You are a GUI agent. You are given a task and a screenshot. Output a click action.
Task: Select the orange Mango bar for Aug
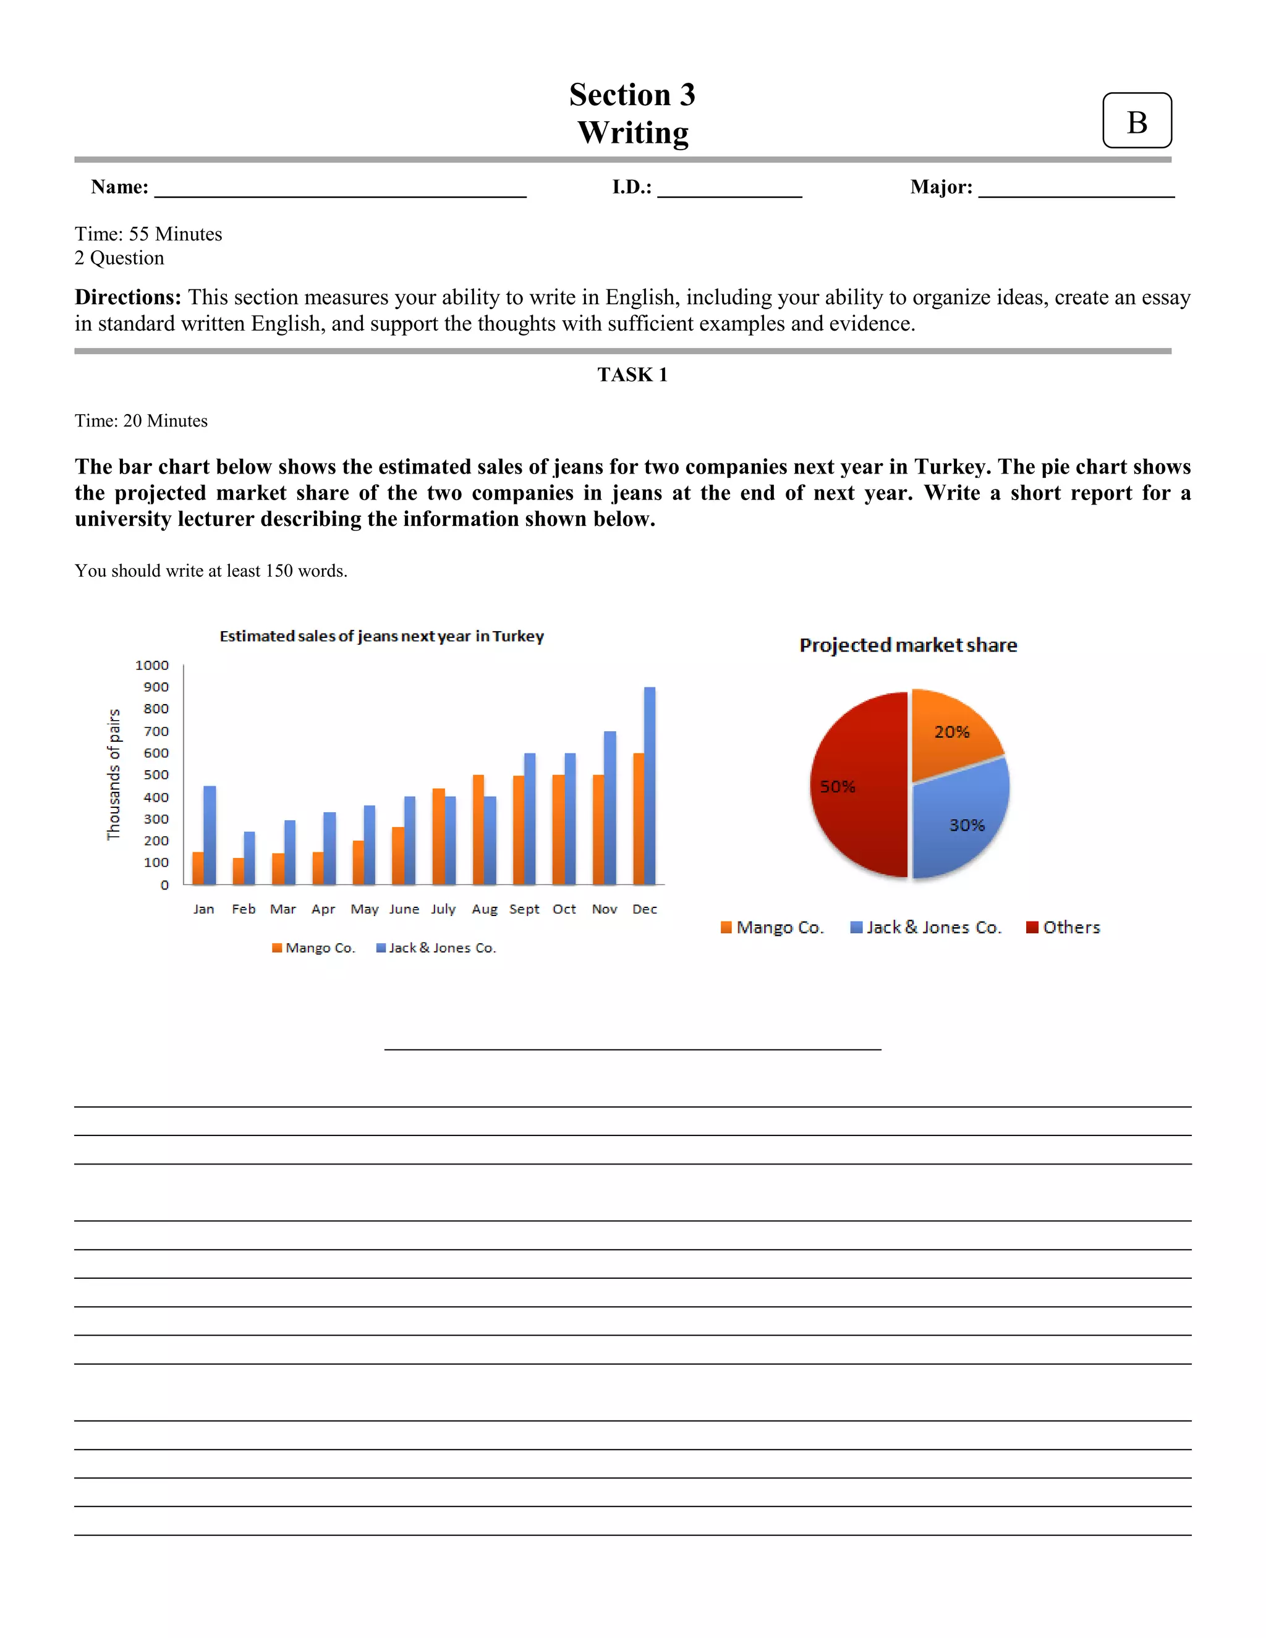coord(478,830)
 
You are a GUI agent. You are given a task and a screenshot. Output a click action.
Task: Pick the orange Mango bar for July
coord(438,836)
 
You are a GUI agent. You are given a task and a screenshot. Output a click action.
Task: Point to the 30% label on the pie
coord(966,825)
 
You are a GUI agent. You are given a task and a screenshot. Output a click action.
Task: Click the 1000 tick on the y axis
coord(152,665)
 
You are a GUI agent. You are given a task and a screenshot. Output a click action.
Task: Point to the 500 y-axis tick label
coord(156,774)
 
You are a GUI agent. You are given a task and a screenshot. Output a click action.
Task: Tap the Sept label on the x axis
coord(524,909)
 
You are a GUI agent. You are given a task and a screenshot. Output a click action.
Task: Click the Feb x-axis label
coord(244,909)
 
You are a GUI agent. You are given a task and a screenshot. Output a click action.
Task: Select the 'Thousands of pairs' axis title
coord(113,774)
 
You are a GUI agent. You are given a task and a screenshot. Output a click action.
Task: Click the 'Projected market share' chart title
coord(907,645)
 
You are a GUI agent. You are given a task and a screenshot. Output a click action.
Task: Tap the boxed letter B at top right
coord(1136,122)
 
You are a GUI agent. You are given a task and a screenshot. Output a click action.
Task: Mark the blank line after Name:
coord(340,191)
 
